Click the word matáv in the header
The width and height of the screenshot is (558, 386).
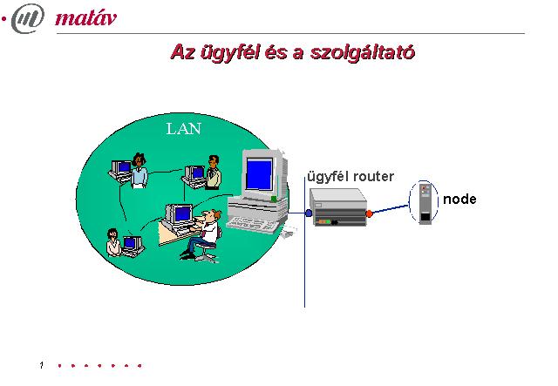(x=85, y=18)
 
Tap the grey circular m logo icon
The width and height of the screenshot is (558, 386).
(x=28, y=18)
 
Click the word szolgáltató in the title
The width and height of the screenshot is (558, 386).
(x=363, y=52)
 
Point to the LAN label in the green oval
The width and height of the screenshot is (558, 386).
(x=184, y=129)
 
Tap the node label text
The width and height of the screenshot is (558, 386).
(x=459, y=200)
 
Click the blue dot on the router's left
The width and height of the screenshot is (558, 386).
(x=309, y=213)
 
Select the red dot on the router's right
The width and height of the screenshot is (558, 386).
(x=369, y=213)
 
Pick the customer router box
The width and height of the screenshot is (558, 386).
(x=338, y=207)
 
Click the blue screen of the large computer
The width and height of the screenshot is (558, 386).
(x=260, y=174)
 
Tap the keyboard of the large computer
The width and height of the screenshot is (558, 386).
(x=252, y=225)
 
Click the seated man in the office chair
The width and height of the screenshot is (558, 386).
(x=203, y=235)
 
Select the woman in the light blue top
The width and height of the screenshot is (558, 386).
(x=139, y=171)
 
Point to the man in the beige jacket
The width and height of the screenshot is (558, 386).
(x=213, y=173)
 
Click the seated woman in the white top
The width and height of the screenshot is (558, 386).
(x=113, y=242)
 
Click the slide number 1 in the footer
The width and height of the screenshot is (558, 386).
(x=42, y=365)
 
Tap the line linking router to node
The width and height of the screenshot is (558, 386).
(x=391, y=209)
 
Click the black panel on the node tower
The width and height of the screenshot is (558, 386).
(x=425, y=217)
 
